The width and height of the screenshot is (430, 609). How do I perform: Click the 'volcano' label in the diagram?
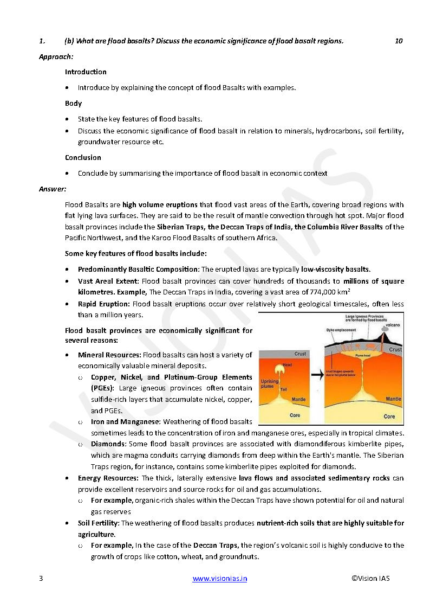pos(393,324)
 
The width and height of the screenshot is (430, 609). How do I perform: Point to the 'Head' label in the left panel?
pos(287,365)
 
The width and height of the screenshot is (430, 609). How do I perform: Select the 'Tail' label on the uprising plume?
pos(283,389)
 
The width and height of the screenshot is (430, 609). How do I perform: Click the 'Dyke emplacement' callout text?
pos(341,330)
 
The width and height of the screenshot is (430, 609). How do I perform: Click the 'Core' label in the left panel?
pos(295,415)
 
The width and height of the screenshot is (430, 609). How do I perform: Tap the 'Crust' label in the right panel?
pos(395,350)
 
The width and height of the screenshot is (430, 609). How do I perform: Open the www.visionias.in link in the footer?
pos(220,578)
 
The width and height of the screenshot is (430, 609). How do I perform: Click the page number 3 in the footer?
pos(41,578)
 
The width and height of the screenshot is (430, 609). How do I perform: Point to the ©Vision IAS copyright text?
pos(370,578)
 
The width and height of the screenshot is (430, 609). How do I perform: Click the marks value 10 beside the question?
pos(399,41)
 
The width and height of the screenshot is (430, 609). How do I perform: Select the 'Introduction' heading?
pos(86,72)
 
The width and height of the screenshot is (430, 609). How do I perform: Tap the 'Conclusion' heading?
pos(83,157)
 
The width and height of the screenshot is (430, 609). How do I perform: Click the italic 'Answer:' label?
pos(53,189)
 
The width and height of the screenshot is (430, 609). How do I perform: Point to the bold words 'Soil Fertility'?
pos(98,523)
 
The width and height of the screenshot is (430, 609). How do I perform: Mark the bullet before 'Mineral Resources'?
pos(67,355)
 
